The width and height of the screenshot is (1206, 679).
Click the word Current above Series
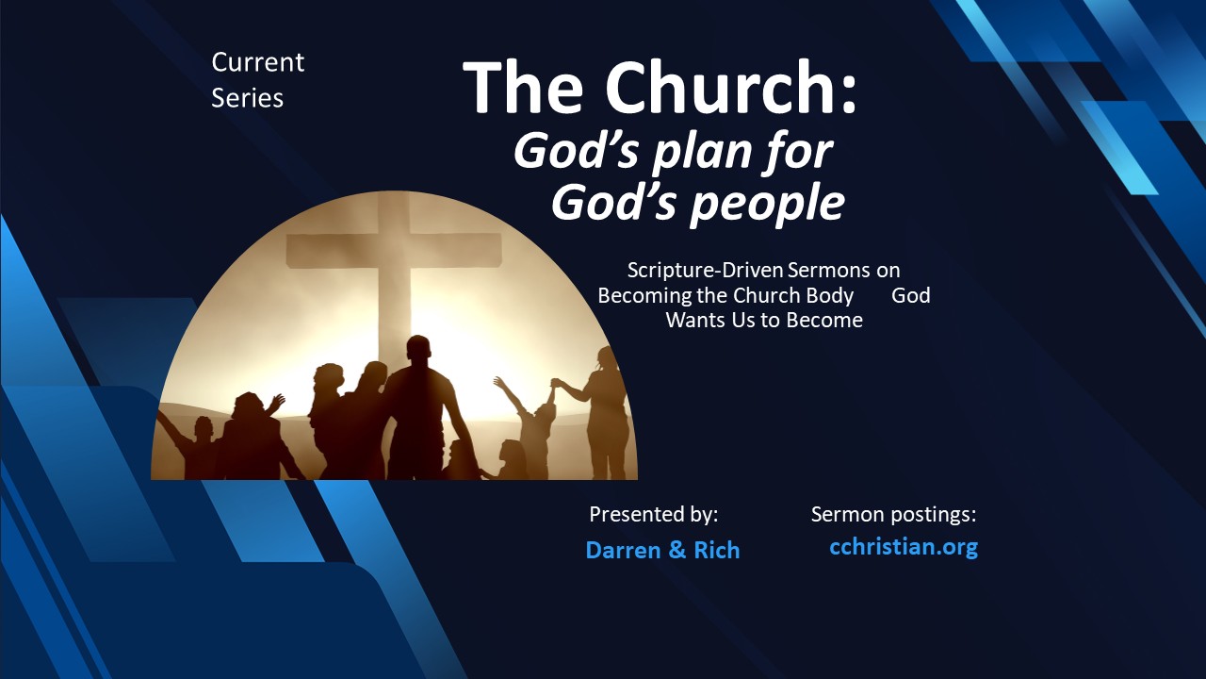coord(257,62)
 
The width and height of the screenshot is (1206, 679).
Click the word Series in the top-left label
coord(247,97)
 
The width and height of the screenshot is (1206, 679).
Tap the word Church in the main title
coord(730,87)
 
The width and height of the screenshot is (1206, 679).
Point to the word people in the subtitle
coord(770,203)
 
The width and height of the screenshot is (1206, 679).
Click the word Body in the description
coord(830,295)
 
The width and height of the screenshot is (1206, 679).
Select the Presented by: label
coord(653,515)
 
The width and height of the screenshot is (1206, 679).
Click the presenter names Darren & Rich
coord(662,550)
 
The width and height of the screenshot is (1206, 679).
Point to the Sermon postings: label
coord(893,515)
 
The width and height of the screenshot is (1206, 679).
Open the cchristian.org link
coord(903,546)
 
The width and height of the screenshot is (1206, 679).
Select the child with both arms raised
coord(533,424)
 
